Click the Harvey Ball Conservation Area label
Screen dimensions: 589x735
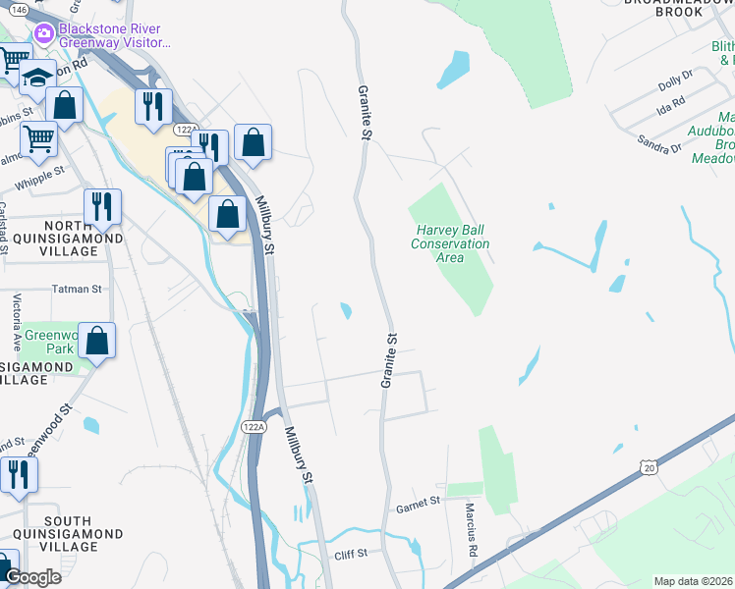tap(450, 243)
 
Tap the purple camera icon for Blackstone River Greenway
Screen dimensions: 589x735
tap(43, 34)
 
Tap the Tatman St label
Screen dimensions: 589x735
tap(78, 290)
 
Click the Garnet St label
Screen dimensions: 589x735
tap(417, 504)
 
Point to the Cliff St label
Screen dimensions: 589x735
tap(349, 554)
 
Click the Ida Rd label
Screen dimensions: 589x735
tap(671, 103)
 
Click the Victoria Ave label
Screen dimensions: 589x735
tap(17, 322)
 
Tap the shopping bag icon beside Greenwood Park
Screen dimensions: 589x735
tap(97, 341)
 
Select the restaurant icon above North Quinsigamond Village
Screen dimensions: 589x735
tap(102, 206)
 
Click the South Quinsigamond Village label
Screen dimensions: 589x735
tap(68, 527)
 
